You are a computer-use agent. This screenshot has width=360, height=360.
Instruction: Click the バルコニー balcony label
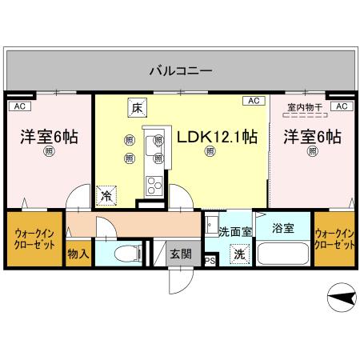coord(179,70)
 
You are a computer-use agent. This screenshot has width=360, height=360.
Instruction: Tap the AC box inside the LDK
coord(253,101)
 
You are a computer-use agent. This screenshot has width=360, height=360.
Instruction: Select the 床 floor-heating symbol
coord(136,107)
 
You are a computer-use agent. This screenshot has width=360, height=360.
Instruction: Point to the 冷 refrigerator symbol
coord(105,193)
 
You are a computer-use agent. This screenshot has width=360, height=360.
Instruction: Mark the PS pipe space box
coord(210,260)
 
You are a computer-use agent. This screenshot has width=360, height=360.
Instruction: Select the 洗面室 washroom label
coord(235,232)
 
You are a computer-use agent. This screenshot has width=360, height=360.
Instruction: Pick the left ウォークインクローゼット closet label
coord(34,239)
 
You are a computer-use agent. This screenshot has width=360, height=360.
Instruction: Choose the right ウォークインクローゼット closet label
coord(334,238)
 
